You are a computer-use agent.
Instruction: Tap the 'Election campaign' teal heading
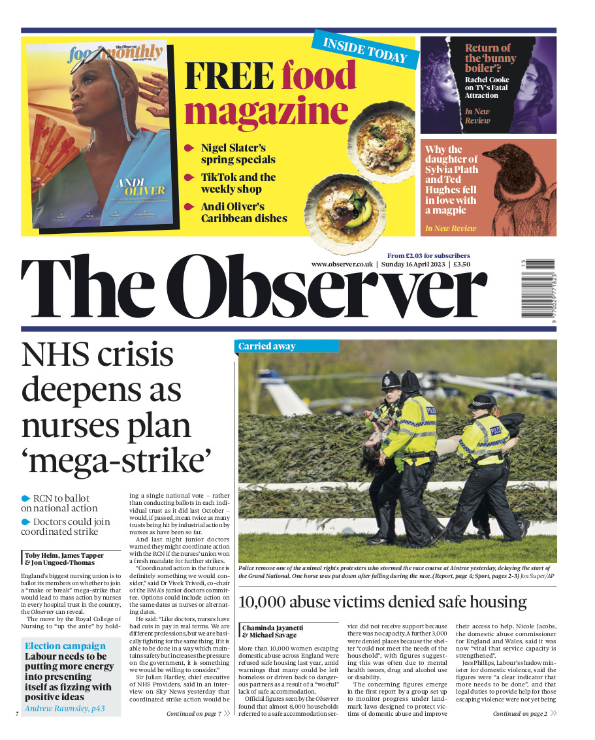pos(65,646)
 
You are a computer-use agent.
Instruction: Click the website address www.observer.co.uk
pos(342,265)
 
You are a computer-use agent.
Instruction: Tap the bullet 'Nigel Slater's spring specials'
pos(238,153)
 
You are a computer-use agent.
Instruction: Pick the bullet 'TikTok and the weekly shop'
pos(238,183)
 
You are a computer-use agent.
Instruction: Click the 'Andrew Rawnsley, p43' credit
pos(65,708)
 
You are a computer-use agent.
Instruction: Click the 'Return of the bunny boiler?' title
pos(487,57)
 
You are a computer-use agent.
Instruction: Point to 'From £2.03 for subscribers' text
pos(428,255)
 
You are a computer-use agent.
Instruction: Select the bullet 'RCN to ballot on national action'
pos(62,503)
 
